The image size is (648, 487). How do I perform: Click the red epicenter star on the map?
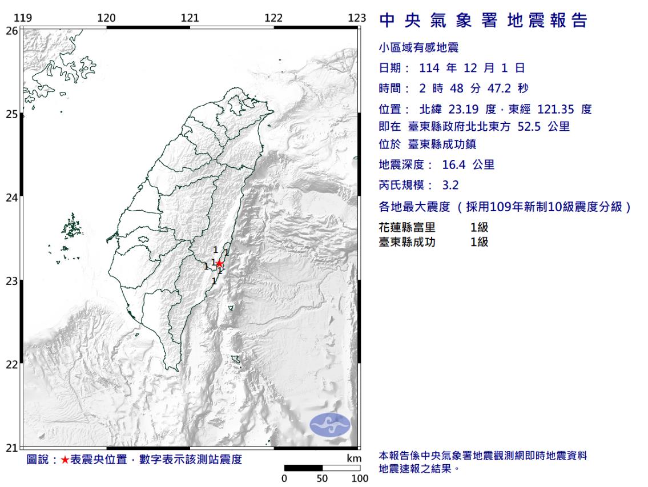point(219,263)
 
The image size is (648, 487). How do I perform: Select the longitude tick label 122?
point(273,18)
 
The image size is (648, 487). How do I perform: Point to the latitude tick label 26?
point(11,31)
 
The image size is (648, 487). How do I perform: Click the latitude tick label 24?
point(11,198)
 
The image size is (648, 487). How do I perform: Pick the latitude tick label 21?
point(11,448)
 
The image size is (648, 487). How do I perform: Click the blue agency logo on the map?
point(330,425)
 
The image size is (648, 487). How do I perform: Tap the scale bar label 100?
point(360,478)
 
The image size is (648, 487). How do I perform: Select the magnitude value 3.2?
point(450,185)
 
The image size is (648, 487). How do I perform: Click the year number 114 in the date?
point(430,69)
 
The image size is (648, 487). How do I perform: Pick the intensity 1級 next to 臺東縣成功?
point(479,242)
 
